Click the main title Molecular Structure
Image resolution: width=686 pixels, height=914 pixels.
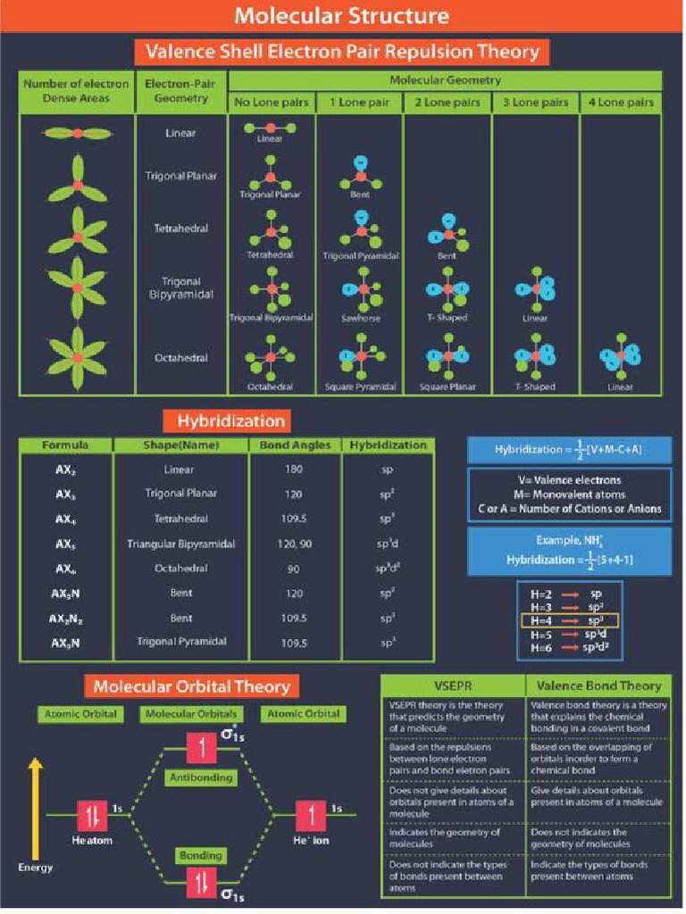coord(342,17)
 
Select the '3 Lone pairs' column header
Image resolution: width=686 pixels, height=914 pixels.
coord(535,103)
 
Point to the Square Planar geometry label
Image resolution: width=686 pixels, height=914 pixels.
coord(448,387)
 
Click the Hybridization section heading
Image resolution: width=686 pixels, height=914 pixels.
coord(230,420)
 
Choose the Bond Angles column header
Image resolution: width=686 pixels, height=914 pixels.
coord(296,445)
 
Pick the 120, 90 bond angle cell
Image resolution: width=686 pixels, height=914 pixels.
coord(296,543)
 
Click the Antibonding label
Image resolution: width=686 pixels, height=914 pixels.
coord(200,777)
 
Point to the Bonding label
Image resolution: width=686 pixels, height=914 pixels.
coord(200,855)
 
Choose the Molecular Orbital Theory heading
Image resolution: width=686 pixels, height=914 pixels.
coord(192,686)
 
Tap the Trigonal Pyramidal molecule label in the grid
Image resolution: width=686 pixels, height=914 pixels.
coord(360,255)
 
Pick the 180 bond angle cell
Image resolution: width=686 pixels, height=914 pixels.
coord(296,469)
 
